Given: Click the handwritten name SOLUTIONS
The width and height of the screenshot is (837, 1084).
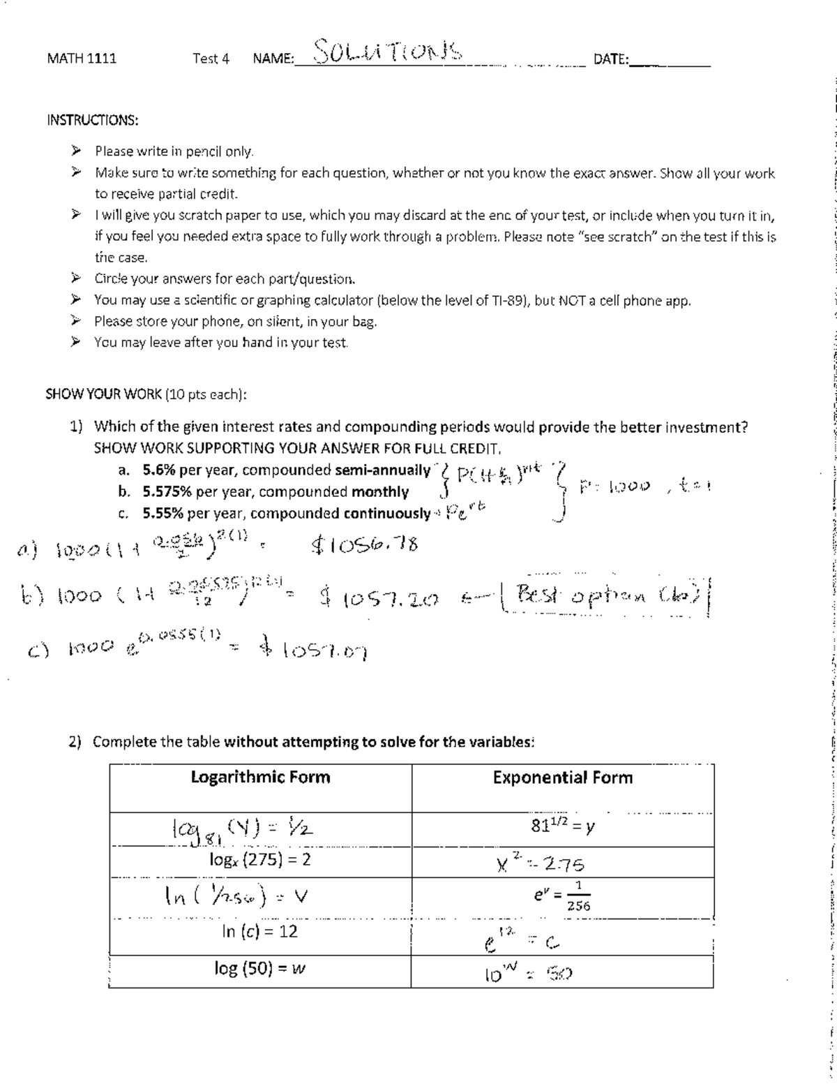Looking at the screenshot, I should point(387,51).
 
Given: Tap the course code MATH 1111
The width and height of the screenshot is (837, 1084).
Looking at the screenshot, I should point(82,59).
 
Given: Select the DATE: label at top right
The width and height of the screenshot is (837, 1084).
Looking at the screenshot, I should point(611,59).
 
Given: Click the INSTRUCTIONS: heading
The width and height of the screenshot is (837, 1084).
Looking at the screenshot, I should point(92,120).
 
